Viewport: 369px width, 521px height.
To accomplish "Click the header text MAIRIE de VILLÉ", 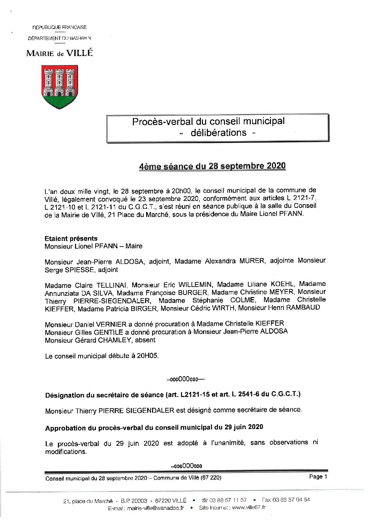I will pyautogui.click(x=60, y=53).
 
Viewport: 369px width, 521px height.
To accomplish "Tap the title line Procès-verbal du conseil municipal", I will pyautogui.click(x=208, y=121).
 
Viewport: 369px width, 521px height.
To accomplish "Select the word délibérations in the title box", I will pyautogui.click(x=218, y=133).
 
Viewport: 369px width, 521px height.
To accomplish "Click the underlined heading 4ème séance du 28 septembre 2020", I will pyautogui.click(x=212, y=166).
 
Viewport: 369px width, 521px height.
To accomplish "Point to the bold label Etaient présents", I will pyautogui.click(x=71, y=239).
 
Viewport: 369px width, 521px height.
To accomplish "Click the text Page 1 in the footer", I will pyautogui.click(x=318, y=477).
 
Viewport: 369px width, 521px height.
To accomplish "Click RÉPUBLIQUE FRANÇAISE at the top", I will pyautogui.click(x=60, y=27).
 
